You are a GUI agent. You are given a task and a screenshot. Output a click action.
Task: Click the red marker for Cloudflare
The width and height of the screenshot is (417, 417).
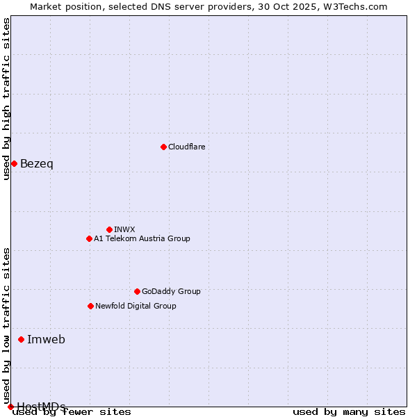click(x=163, y=147)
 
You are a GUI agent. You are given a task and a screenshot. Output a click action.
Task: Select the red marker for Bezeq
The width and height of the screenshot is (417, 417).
click(x=14, y=163)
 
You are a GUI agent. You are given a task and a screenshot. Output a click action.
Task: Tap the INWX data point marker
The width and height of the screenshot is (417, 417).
click(x=109, y=229)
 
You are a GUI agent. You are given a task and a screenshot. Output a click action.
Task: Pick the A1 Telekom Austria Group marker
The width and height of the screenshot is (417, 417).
click(x=89, y=238)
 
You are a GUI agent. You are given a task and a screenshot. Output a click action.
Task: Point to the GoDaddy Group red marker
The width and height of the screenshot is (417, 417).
click(x=137, y=291)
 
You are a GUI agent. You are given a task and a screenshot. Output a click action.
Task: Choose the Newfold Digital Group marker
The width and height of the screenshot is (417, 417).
click(x=90, y=306)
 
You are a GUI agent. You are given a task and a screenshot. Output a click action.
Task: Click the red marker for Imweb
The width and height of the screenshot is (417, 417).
click(x=21, y=339)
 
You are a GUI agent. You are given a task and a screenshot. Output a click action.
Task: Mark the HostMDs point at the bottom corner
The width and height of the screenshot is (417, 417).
click(x=10, y=407)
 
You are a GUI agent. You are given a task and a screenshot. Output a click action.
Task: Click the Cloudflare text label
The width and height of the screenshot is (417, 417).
click(x=186, y=147)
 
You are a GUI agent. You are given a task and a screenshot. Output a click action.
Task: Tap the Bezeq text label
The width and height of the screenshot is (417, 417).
click(x=36, y=164)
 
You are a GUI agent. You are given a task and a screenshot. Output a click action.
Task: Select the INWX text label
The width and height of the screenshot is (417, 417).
click(x=124, y=229)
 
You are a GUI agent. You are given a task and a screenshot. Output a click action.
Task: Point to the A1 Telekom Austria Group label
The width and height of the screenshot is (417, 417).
click(x=142, y=238)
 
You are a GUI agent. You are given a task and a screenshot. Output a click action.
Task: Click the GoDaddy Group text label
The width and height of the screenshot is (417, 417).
click(x=171, y=291)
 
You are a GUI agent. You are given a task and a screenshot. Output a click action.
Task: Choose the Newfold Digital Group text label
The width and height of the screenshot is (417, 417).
click(x=136, y=306)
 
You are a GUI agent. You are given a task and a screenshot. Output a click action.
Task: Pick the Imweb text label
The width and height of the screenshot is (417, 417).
click(x=46, y=340)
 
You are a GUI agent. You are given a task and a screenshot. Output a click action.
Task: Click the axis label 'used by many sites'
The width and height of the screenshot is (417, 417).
click(x=349, y=412)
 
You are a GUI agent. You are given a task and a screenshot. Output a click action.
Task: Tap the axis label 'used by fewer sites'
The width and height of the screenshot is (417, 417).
click(x=72, y=412)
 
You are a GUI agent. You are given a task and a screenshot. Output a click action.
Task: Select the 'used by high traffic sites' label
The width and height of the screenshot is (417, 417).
click(x=6, y=99)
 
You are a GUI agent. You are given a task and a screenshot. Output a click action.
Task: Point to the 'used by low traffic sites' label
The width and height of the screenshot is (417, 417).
click(x=6, y=320)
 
